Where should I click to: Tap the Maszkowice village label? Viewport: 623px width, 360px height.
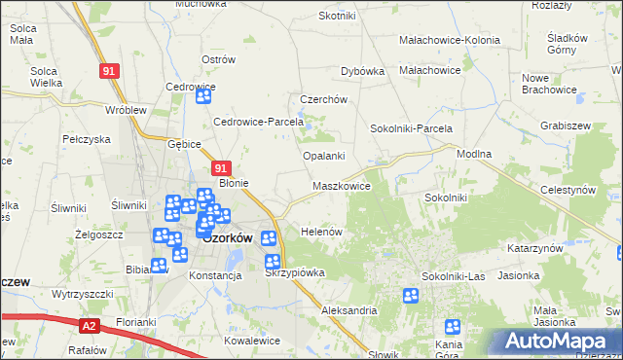click(341, 185)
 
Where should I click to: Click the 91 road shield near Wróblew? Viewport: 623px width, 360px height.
click(110, 72)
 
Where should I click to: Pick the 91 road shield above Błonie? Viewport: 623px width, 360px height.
click(221, 168)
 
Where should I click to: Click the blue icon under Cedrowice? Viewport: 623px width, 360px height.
click(203, 94)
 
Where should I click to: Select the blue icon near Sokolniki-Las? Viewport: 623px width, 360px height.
click(411, 296)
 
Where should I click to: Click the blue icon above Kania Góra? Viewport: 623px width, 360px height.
click(452, 328)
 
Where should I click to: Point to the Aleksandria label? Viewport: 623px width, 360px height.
click(348, 310)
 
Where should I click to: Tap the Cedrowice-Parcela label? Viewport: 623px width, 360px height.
click(259, 123)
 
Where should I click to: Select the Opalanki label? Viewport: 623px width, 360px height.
click(325, 156)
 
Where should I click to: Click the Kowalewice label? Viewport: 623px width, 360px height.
click(252, 341)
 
